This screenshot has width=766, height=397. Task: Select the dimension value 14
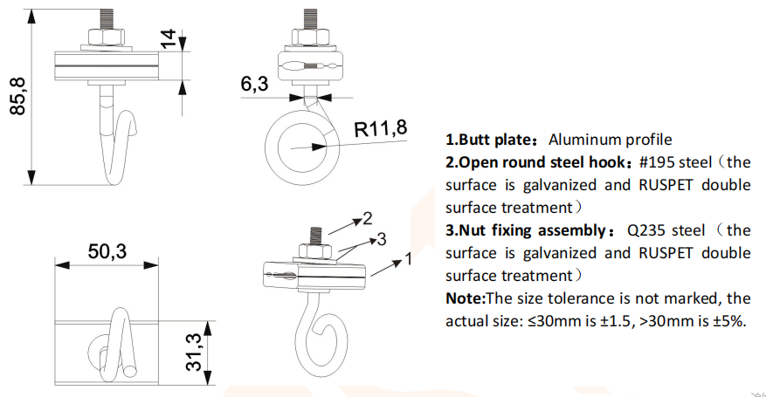168,40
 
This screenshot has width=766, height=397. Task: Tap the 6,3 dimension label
254,84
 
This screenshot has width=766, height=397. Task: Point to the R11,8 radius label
380,129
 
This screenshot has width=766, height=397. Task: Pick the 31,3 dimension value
198,350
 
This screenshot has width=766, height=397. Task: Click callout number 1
407,259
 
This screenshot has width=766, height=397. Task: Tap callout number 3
382,238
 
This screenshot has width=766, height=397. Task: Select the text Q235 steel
666,230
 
